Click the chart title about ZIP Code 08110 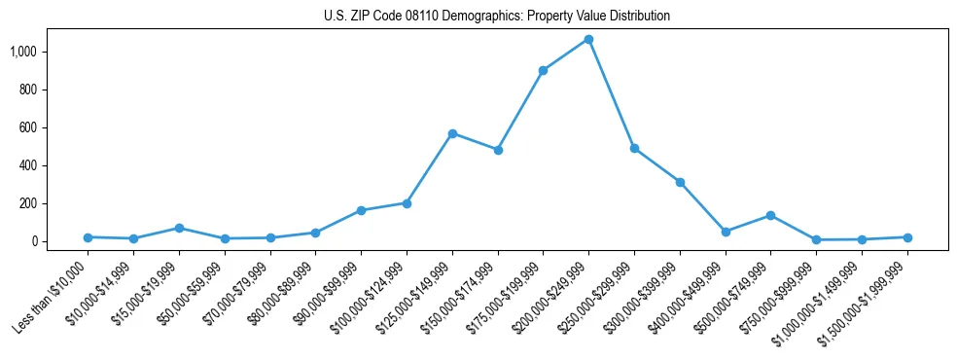tap(497, 17)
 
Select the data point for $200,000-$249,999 tap(588, 40)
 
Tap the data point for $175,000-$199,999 tap(543, 70)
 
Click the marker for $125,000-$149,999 tap(452, 133)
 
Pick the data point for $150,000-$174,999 tap(498, 150)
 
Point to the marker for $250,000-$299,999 tap(634, 149)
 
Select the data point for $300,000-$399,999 tap(680, 182)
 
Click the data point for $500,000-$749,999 tap(770, 215)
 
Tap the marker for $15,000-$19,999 tap(179, 228)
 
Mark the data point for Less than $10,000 tap(88, 237)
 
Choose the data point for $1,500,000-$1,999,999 tap(907, 237)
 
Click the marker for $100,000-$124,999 tap(407, 203)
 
